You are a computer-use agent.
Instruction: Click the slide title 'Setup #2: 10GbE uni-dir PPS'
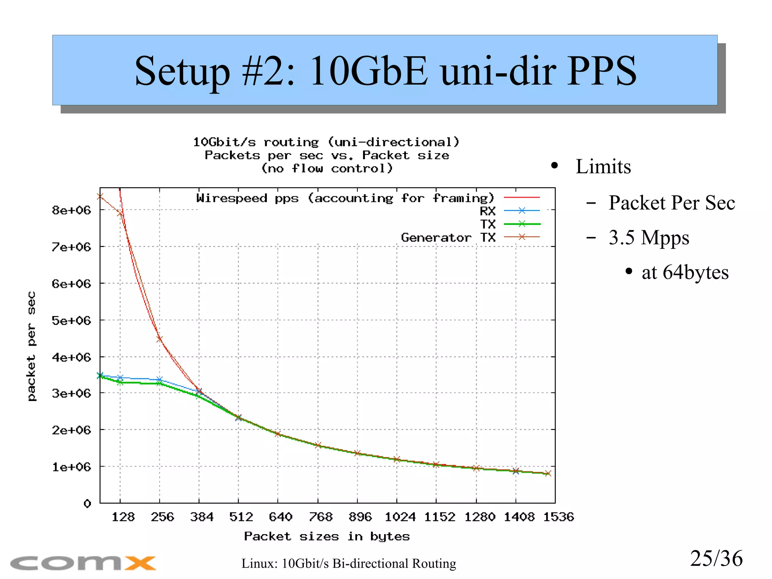(x=385, y=71)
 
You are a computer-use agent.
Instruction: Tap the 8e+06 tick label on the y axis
(x=72, y=210)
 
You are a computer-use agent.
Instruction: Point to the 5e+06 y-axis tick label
(x=72, y=321)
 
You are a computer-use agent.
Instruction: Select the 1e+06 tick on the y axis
(x=72, y=467)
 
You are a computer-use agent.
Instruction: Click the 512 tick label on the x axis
(x=241, y=517)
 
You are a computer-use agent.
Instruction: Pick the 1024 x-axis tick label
(x=400, y=517)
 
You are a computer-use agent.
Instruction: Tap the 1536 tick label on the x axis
(x=558, y=517)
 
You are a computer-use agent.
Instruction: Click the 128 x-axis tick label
(x=123, y=517)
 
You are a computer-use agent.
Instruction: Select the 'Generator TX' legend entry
(x=448, y=238)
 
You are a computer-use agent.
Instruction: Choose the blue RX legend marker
(x=522, y=210)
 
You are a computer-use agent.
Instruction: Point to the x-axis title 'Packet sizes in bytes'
(x=327, y=536)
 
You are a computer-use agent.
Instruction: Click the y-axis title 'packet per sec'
(x=32, y=346)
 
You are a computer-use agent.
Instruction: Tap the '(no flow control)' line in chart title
(x=327, y=168)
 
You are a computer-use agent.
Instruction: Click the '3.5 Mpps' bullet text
(x=649, y=238)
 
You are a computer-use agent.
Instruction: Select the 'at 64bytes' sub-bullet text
(x=685, y=272)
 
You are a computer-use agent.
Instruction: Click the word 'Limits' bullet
(x=603, y=166)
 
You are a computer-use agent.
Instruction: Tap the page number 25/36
(x=716, y=558)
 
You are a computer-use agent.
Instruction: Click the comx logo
(x=83, y=563)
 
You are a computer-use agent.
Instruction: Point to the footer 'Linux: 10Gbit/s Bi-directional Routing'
(x=349, y=564)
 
